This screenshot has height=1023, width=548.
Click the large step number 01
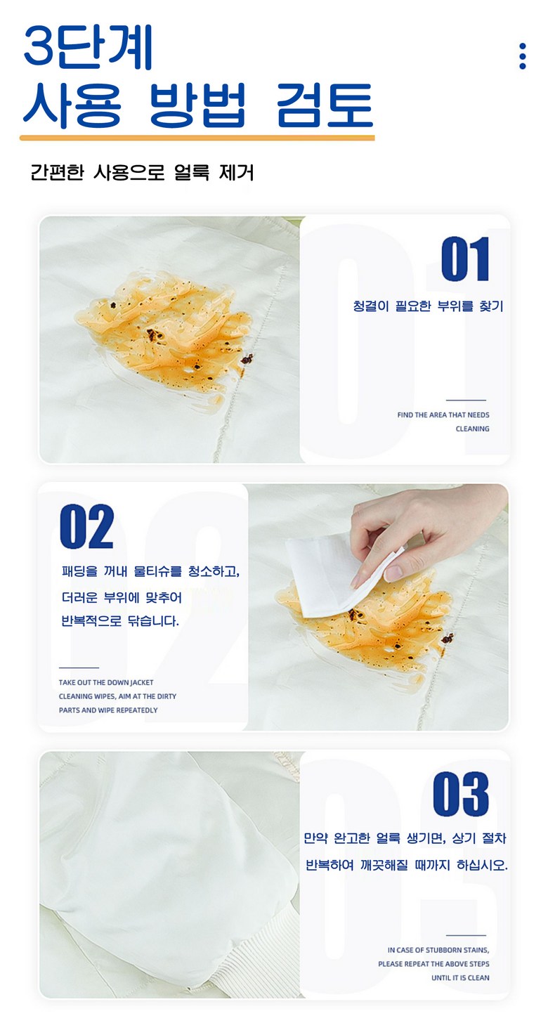coord(465,259)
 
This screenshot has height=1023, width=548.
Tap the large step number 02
coord(87,526)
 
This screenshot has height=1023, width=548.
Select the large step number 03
coord(461,794)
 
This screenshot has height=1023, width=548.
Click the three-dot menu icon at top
coord(523,56)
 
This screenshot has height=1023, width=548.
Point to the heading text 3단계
coord(88,48)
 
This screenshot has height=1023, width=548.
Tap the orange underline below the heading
coord(197,138)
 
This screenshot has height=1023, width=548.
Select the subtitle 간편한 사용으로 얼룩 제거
coord(142,173)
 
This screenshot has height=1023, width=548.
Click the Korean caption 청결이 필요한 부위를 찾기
coord(428,306)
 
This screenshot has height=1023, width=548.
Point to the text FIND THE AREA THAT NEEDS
coord(443,415)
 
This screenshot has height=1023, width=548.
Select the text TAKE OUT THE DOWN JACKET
coord(106,682)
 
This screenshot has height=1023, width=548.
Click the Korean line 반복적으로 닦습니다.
coord(120,620)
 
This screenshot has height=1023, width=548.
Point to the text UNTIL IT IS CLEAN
coord(460,978)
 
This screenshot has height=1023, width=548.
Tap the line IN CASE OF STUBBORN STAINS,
coord(438,950)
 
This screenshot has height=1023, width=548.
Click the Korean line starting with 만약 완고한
coord(405,838)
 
